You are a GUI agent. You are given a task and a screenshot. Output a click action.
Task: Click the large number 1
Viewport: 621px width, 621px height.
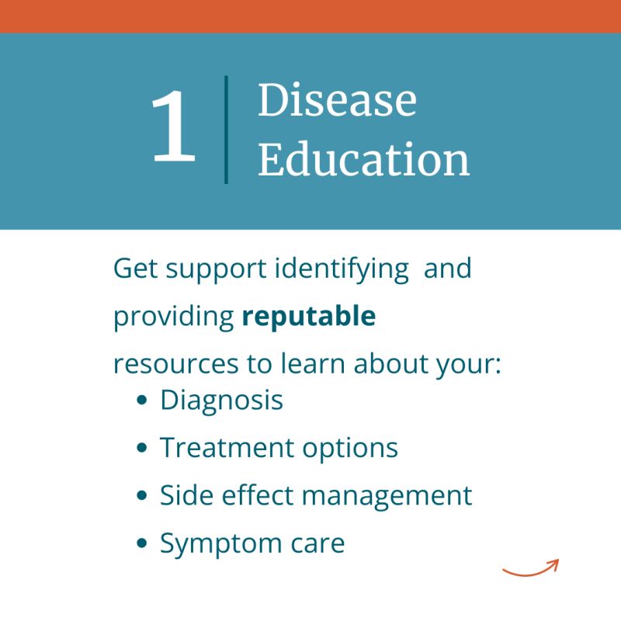pyautogui.click(x=173, y=126)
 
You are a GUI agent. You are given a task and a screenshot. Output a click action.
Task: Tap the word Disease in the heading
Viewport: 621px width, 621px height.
pyautogui.click(x=337, y=99)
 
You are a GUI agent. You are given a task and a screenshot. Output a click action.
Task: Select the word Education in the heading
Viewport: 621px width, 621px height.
pyautogui.click(x=363, y=159)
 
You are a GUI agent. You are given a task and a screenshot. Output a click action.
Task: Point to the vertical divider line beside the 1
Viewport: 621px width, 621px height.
pyautogui.click(x=226, y=130)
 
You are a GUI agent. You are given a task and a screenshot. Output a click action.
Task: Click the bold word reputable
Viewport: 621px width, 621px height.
pyautogui.click(x=308, y=316)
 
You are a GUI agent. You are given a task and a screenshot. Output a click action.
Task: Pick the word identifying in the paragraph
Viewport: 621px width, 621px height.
pyautogui.click(x=342, y=269)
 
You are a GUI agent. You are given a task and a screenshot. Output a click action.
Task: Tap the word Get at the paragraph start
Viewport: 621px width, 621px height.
pyautogui.click(x=136, y=269)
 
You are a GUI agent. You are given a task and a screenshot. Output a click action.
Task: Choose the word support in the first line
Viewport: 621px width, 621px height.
pyautogui.click(x=216, y=270)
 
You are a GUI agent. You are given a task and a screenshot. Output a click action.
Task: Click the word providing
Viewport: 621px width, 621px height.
pyautogui.click(x=173, y=317)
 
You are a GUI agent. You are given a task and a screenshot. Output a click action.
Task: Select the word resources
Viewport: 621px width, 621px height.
pyautogui.click(x=176, y=364)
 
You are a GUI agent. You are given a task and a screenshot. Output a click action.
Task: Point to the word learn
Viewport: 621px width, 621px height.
pyautogui.click(x=313, y=363)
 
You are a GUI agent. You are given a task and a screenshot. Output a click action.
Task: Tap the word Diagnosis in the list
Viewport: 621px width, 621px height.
pyautogui.click(x=221, y=401)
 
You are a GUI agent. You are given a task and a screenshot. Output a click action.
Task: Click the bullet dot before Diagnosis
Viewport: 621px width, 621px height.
pyautogui.click(x=141, y=400)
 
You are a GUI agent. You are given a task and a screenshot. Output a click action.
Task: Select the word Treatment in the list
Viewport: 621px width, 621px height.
pyautogui.click(x=227, y=448)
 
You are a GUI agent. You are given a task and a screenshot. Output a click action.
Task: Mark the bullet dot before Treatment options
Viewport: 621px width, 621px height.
pyautogui.click(x=141, y=448)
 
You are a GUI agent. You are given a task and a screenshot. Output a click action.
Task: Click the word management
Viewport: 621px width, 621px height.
pyautogui.click(x=387, y=496)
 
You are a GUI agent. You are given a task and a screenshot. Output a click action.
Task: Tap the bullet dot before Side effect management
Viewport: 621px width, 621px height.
pyautogui.click(x=141, y=495)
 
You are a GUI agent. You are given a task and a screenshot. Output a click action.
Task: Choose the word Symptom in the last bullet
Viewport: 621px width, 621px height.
pyautogui.click(x=221, y=544)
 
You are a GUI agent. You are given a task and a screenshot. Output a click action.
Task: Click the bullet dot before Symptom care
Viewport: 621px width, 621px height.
pyautogui.click(x=141, y=543)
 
